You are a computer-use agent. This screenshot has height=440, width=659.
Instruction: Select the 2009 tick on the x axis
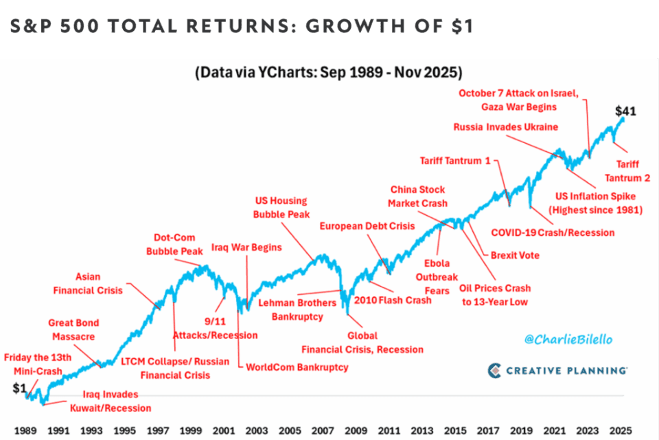354,431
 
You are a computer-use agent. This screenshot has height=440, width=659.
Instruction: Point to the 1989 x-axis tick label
25,431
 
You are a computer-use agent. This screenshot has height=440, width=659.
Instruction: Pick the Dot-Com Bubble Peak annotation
174,245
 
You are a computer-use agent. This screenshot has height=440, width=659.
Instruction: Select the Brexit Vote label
515,255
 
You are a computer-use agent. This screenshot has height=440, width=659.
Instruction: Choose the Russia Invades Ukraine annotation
506,127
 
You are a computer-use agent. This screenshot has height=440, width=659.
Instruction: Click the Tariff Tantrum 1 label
455,161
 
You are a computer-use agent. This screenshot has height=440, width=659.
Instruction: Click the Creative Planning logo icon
496,371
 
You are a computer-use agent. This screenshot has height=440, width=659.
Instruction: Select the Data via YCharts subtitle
329,71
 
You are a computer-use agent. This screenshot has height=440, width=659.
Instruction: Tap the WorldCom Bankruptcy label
297,367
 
